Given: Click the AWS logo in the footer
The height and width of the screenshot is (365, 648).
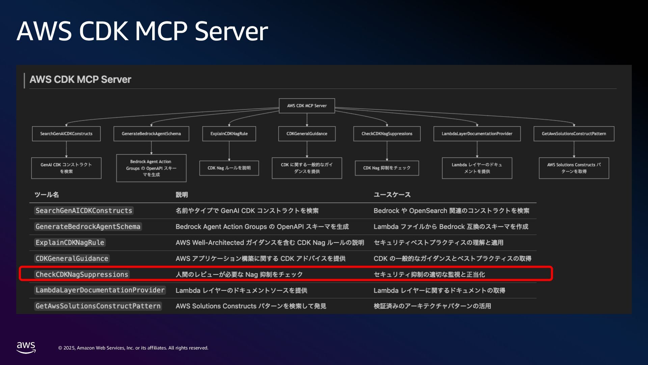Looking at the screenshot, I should click(x=26, y=347).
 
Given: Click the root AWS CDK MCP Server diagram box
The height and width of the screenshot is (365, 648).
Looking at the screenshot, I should click(x=307, y=106).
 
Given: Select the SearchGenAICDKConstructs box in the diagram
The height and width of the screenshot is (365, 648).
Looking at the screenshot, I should click(x=66, y=134).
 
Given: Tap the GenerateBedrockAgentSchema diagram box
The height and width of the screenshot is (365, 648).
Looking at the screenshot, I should click(x=151, y=134).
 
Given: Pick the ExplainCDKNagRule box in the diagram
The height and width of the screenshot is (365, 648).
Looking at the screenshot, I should click(x=229, y=134).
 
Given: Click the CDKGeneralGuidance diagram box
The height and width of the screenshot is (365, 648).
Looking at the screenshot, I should click(x=307, y=134).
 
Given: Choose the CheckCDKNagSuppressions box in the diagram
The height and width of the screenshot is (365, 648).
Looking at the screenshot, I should click(x=387, y=134).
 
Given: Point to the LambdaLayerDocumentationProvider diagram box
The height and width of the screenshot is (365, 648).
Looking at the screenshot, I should click(x=477, y=134).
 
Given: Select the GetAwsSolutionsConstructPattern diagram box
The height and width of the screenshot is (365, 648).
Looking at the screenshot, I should click(x=574, y=134).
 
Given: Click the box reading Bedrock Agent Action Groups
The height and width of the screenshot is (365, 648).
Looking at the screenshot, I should click(x=151, y=168).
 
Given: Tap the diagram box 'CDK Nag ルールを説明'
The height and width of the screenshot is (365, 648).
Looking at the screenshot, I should click(x=229, y=168).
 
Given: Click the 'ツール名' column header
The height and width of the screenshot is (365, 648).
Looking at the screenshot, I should click(x=47, y=195).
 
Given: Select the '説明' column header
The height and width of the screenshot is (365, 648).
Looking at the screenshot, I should click(x=182, y=195).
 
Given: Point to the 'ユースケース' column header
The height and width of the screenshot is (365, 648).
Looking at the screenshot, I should click(x=392, y=195).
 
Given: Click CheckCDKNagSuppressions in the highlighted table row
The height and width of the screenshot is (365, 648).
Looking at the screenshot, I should click(x=82, y=274).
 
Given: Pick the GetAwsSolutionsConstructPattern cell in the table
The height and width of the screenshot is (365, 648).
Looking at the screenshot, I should click(x=98, y=306).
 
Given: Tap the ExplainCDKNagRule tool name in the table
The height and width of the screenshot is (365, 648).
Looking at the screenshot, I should click(x=70, y=243).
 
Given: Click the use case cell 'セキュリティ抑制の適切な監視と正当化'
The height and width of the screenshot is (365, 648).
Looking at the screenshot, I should click(x=429, y=274).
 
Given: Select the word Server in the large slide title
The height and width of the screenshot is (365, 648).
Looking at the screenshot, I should click(x=231, y=31).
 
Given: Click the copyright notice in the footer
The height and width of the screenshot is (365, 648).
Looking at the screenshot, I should click(x=133, y=348).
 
